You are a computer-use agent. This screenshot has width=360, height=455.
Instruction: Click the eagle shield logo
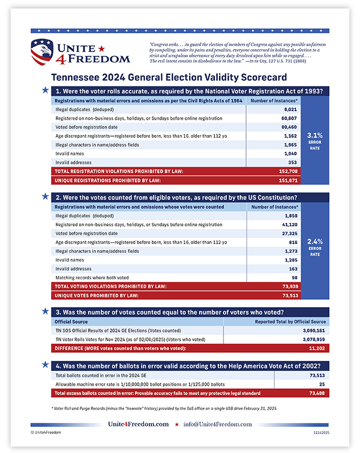point(41,52)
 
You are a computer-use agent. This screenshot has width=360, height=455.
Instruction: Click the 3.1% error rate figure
point(315,135)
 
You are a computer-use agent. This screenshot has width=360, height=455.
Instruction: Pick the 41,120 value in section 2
point(289,225)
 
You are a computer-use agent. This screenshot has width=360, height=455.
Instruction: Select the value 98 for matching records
point(293,277)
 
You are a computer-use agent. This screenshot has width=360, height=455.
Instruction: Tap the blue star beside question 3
point(45,311)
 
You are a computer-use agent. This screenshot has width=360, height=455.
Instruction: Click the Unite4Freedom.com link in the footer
point(138,424)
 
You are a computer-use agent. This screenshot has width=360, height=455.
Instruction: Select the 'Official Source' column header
point(71,321)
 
